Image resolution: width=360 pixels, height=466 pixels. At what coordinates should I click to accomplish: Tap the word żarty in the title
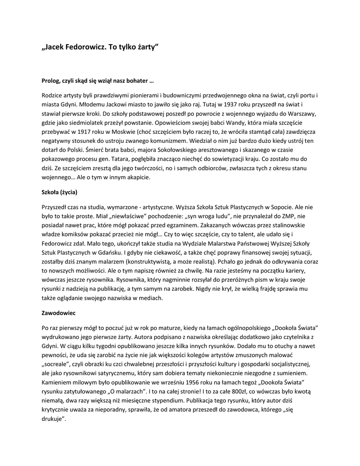tap(146, 47)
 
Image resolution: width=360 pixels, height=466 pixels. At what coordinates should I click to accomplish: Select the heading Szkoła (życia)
tap(59, 192)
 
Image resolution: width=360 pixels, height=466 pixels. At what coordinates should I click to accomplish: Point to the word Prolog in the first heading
tap(51, 81)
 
